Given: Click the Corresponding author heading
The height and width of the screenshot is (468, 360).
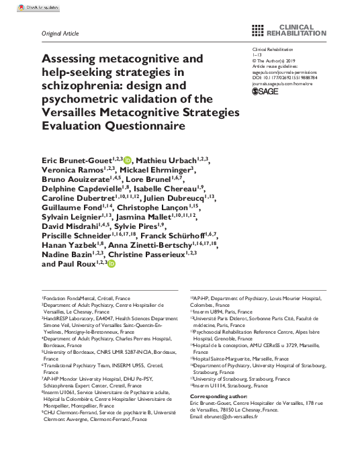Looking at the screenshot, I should (221, 399).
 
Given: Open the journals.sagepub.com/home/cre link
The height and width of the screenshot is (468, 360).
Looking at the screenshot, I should (283, 83).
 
